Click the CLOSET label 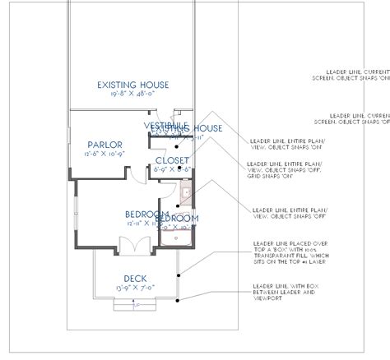(172, 160)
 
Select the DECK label (135, 278)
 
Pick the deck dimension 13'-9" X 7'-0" (135, 288)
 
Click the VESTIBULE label (167, 125)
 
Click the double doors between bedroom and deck (131, 244)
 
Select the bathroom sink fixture (186, 194)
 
